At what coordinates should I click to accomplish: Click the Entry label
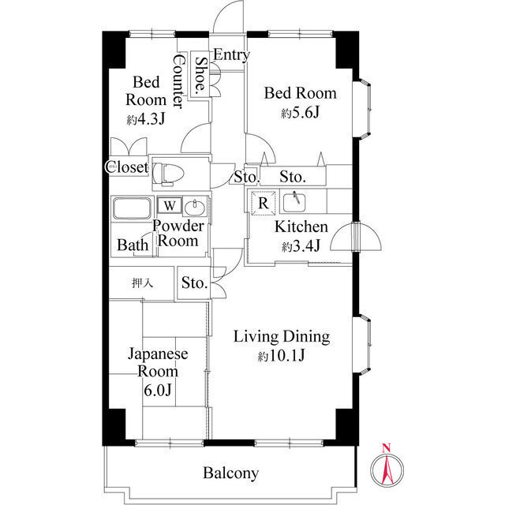(231, 54)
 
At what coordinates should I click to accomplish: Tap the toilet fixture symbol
(168, 174)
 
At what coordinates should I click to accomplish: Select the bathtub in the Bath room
(132, 208)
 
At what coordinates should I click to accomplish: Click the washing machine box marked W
(170, 205)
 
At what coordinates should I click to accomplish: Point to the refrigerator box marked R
(264, 203)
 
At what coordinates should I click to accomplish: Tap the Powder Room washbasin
(195, 208)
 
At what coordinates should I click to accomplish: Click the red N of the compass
(387, 447)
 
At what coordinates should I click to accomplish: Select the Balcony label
(231, 473)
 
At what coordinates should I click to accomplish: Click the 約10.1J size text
(281, 356)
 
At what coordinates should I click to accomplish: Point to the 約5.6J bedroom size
(300, 112)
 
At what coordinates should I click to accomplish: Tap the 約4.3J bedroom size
(146, 119)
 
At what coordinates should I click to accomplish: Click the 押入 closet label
(142, 283)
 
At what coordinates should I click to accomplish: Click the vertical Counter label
(179, 81)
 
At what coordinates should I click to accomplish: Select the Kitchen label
(301, 226)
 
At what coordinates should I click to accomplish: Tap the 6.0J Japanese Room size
(158, 391)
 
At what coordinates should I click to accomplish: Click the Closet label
(128, 167)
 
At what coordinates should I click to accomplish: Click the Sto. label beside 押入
(194, 282)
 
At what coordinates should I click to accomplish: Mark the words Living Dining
(282, 337)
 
